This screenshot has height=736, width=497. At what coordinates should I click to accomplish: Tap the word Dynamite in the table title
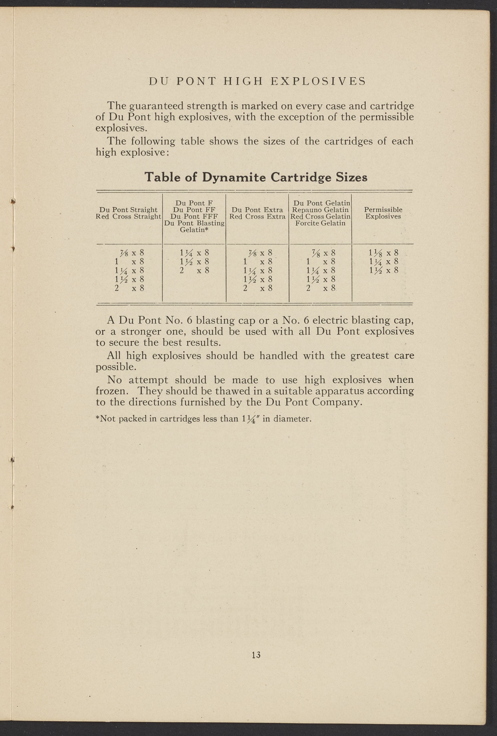click(234, 177)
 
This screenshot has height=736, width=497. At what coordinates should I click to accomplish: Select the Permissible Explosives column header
click(383, 213)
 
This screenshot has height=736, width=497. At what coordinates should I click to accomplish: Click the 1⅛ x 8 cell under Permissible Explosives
click(383, 253)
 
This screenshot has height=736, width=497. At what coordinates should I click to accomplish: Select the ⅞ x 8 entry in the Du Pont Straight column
click(130, 253)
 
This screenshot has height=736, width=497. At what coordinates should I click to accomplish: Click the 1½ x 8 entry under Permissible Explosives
click(383, 271)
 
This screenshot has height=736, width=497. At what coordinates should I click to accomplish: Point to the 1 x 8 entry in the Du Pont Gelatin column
click(320, 262)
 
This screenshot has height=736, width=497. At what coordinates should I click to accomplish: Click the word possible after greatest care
click(115, 367)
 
